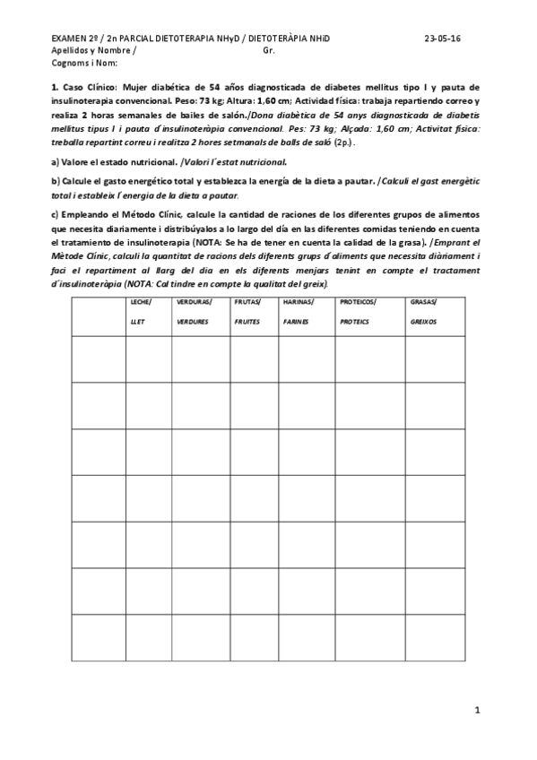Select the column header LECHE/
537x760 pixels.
[141, 302]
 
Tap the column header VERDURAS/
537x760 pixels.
[194, 302]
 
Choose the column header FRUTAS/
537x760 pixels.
[247, 302]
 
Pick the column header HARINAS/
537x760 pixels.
[297, 302]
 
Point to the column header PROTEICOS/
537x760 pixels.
[359, 302]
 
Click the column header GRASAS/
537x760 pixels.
[423, 302]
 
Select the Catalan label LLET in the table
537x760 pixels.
[137, 320]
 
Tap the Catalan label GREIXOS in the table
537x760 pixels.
[423, 320]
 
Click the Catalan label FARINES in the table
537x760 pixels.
[296, 320]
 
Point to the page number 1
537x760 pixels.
[478, 711]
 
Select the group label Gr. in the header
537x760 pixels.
[270, 52]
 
